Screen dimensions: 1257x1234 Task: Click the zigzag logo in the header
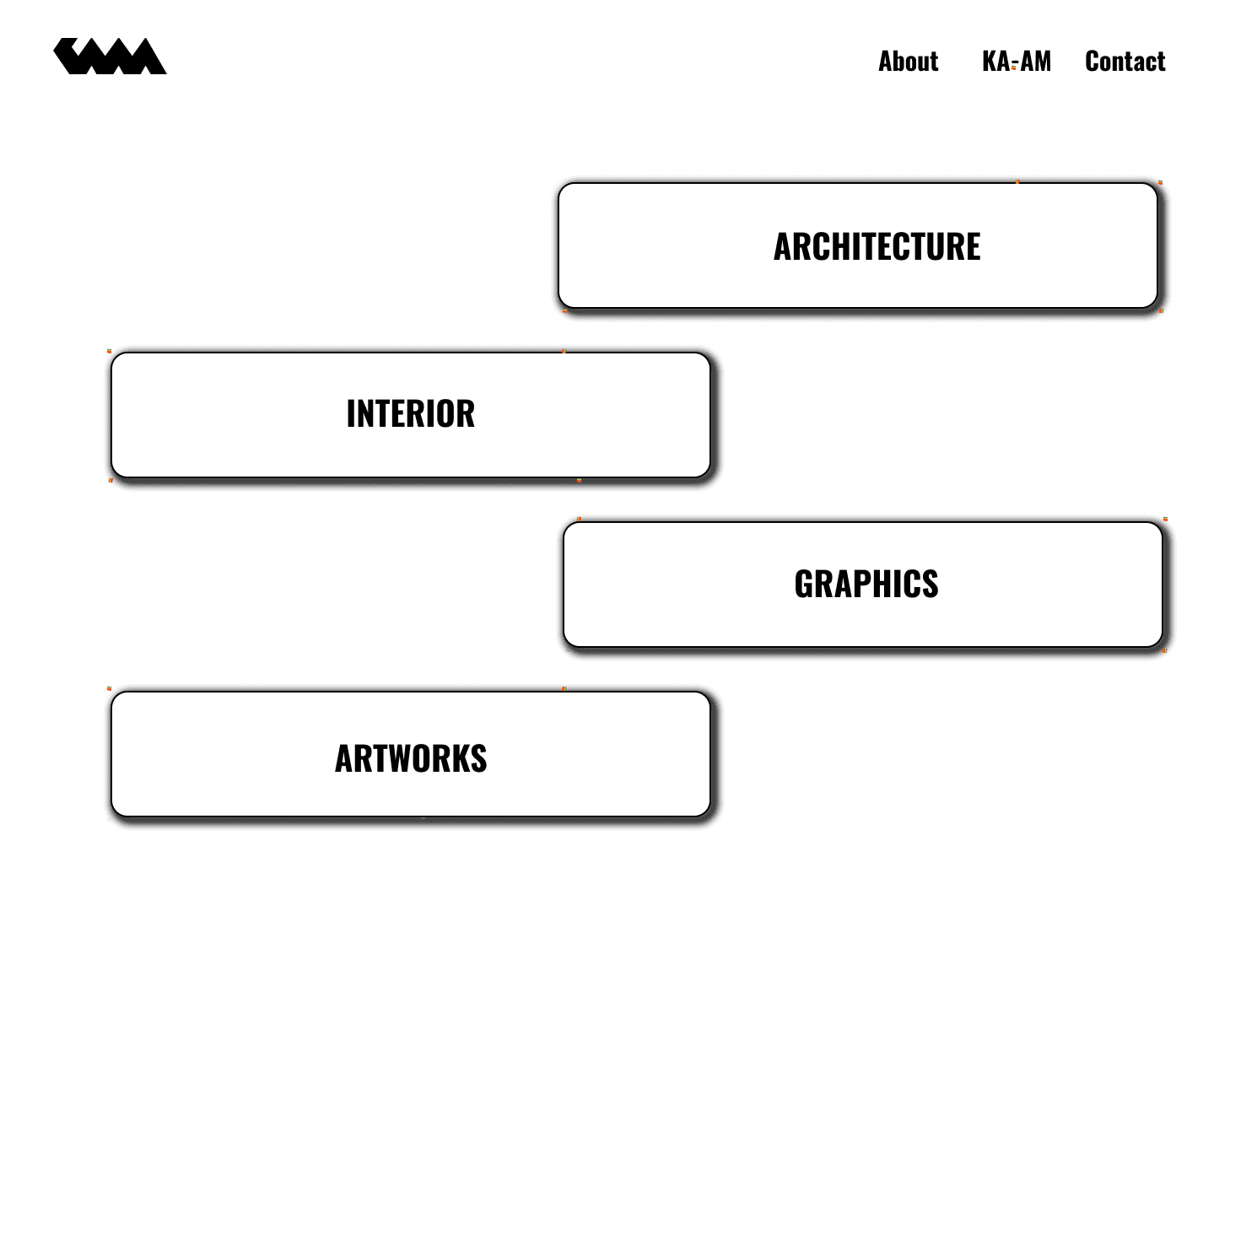(x=110, y=57)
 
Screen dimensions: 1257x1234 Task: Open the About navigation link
(x=908, y=62)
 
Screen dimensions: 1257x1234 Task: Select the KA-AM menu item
(x=1016, y=62)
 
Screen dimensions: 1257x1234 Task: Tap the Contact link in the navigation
(x=1125, y=62)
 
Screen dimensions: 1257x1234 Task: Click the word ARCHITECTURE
(x=877, y=247)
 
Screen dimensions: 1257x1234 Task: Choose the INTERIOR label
(x=411, y=414)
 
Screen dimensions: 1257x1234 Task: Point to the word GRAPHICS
(x=866, y=585)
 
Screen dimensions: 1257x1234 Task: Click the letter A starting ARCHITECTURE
(x=784, y=247)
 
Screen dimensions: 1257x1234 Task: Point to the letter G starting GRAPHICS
(x=804, y=585)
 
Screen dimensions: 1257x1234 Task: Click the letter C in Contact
(x=1093, y=62)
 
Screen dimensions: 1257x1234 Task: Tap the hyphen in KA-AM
(x=1015, y=63)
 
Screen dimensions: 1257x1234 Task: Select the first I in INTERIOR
(x=351, y=414)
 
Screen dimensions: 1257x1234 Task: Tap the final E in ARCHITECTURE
(x=972, y=247)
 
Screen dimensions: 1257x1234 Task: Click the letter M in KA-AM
(x=1042, y=62)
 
